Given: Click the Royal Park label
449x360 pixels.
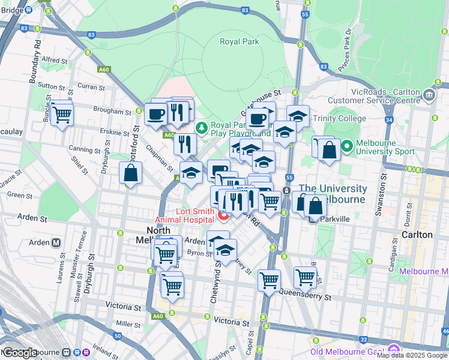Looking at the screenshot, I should pos(238,41).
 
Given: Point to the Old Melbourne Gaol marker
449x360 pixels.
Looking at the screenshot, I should pos(394,349).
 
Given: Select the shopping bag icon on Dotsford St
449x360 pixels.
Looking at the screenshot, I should pos(131,173).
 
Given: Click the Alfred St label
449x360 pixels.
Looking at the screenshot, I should pos(55,60).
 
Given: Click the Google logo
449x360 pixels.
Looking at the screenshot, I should pos(20,352).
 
